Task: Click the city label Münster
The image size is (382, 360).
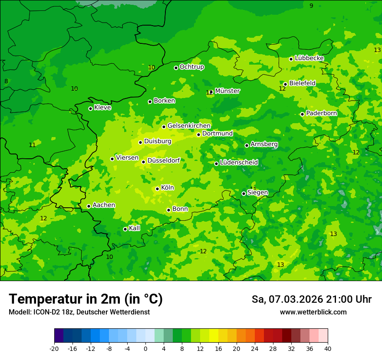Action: pos(227,91)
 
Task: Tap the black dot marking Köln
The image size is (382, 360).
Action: pos(157,189)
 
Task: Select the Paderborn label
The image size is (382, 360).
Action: pos(321,113)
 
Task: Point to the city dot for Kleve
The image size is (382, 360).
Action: pos(90,108)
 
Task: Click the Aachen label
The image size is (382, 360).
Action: pos(104,205)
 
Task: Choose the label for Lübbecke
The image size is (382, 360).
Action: pos(309,58)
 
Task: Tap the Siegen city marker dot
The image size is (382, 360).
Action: pos(244,193)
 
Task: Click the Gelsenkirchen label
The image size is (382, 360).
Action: pos(189,126)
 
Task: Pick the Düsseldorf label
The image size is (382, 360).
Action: pos(163,160)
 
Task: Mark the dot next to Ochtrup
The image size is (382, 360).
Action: pos(176,68)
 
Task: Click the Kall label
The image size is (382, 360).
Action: pos(135,228)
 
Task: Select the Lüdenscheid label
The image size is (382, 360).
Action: pos(239,163)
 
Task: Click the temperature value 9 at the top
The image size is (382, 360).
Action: pos(311,6)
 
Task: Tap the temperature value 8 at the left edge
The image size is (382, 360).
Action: pos(6,81)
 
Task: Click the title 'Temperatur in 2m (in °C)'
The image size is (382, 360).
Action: pos(86,299)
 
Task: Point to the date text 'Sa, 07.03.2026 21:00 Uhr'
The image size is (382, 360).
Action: pos(311,299)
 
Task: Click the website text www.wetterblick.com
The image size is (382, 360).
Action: pos(313,312)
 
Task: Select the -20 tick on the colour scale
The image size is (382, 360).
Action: pos(54,349)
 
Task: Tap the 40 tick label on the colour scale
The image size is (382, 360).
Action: pos(328,349)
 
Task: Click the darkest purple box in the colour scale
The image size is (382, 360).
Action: pos(59,336)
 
